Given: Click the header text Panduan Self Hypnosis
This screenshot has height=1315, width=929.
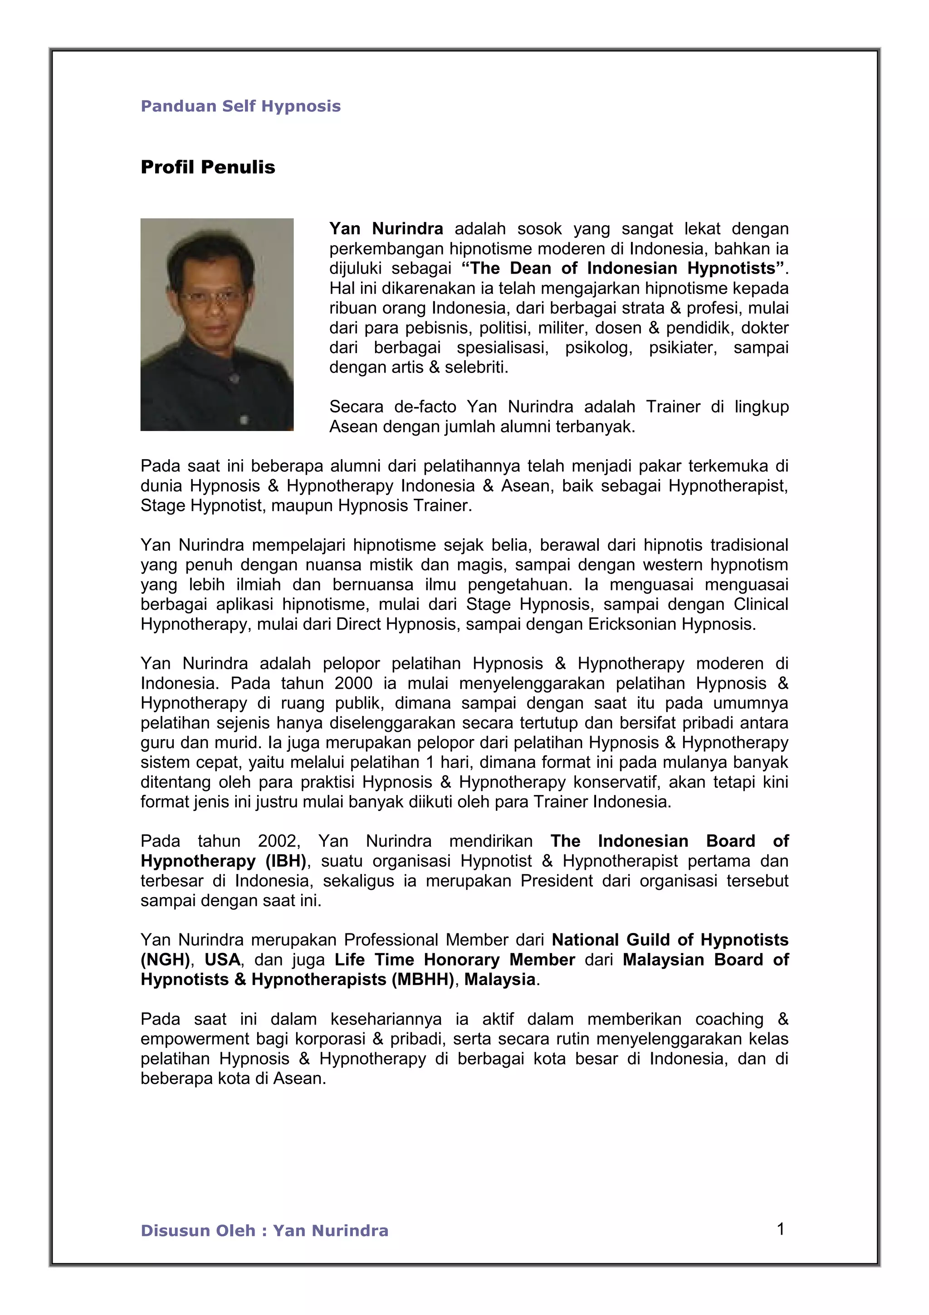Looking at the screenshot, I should [240, 106].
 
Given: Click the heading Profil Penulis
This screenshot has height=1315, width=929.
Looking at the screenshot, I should [208, 167].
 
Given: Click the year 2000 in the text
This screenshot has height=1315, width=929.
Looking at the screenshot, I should [354, 683].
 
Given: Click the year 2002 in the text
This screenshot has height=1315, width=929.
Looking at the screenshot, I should [278, 841].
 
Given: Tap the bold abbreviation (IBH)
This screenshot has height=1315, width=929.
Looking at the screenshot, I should [286, 861].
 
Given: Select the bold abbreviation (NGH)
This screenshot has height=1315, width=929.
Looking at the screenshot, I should [165, 959].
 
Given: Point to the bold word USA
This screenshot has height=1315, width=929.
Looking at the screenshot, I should [222, 959].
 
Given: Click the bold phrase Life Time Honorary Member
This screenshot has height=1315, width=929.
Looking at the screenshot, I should [455, 959].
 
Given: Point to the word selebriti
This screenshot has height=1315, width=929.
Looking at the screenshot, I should [476, 367].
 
